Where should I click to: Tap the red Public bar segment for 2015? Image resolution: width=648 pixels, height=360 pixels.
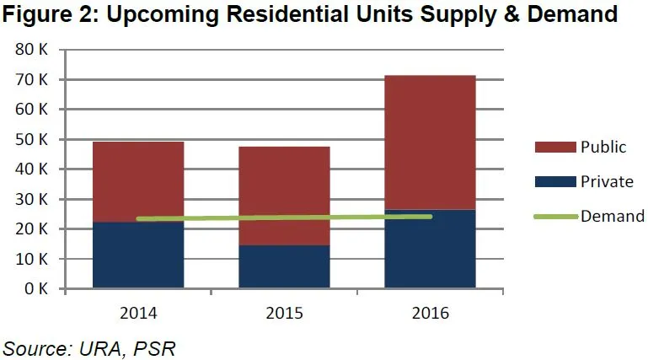tap(284, 194)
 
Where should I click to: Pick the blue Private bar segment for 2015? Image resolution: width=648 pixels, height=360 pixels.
tap(284, 267)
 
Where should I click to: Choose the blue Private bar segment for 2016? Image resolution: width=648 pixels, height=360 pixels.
tap(431, 250)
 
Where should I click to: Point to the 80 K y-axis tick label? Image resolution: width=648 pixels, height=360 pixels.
tap(31, 50)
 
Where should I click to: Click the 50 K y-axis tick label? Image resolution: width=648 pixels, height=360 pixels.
tap(31, 139)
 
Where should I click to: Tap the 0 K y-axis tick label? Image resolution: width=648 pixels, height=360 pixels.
tap(35, 289)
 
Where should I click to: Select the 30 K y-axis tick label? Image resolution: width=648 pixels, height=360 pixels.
tap(31, 200)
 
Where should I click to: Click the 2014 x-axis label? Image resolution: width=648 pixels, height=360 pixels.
tap(138, 313)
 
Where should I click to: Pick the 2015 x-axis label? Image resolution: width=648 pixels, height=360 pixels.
tap(284, 313)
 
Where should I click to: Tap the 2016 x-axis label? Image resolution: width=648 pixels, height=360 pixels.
tap(431, 313)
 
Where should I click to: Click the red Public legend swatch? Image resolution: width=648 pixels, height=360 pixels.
tap(554, 147)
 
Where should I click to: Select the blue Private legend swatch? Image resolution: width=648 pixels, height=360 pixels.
tap(554, 181)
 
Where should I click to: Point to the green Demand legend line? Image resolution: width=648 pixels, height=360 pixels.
tap(554, 217)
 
